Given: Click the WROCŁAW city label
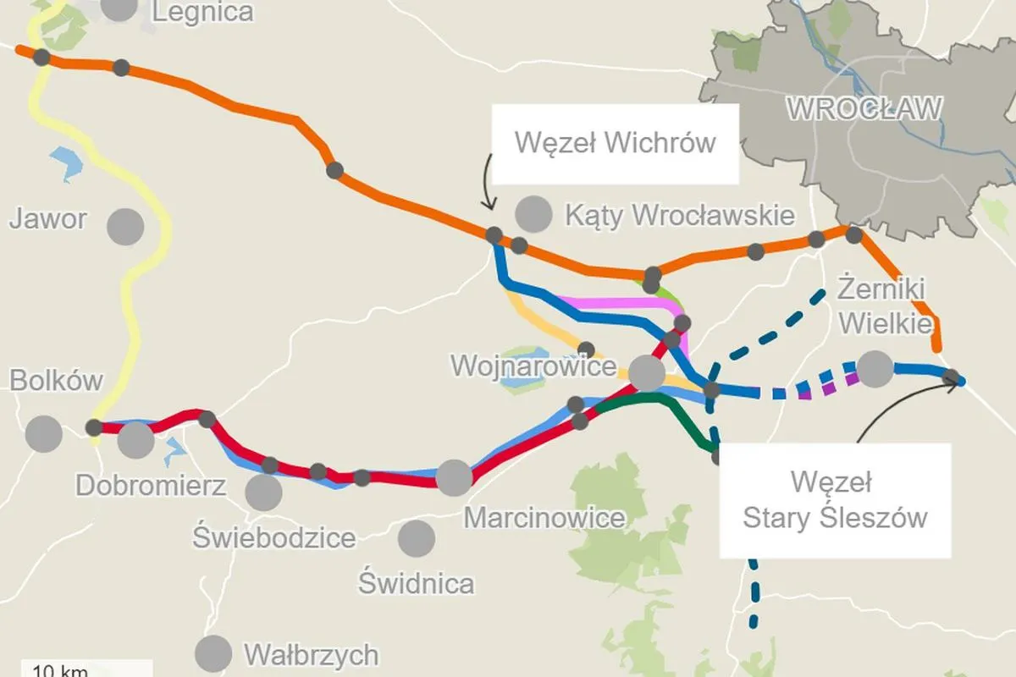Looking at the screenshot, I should (864, 109).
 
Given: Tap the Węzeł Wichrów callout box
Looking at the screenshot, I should (616, 143).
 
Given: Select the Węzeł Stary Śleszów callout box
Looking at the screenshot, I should (834, 500).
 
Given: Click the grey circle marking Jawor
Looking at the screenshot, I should (125, 226).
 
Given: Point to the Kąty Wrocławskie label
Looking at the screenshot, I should (680, 215).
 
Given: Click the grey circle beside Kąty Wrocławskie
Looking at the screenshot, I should (533, 213).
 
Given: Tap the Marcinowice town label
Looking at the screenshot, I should (544, 517).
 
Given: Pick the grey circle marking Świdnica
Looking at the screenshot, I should (416, 537).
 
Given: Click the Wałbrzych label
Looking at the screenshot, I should (311, 654).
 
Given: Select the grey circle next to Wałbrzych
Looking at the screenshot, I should (213, 653).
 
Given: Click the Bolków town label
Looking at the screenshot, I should (56, 381).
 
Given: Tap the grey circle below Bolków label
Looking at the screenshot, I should (43, 434).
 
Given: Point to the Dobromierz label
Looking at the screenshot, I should (151, 486).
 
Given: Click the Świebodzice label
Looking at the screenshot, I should (274, 537).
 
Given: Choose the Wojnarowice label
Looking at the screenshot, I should (533, 366).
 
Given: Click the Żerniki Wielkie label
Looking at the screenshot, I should (886, 305).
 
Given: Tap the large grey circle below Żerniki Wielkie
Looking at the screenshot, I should (875, 369).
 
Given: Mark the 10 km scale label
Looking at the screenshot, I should (59, 671).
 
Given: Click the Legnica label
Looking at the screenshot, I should (203, 12).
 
